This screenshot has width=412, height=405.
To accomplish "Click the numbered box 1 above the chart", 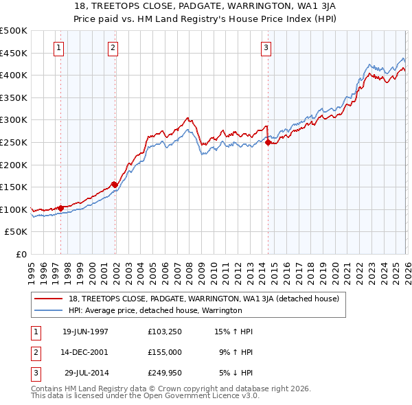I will click(59, 48).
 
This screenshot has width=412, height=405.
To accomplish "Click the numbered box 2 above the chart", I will click(113, 48).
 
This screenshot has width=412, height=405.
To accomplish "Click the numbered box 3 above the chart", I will click(266, 48).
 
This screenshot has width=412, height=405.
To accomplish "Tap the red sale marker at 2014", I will click(268, 143).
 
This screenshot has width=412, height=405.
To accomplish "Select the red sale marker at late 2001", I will click(115, 184).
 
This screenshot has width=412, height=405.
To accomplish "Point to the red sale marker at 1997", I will click(60, 207).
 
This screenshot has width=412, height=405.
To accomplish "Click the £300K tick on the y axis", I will click(14, 120).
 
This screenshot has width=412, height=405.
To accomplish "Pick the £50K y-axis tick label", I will click(16, 232).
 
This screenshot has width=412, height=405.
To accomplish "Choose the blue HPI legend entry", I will click(155, 310).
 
